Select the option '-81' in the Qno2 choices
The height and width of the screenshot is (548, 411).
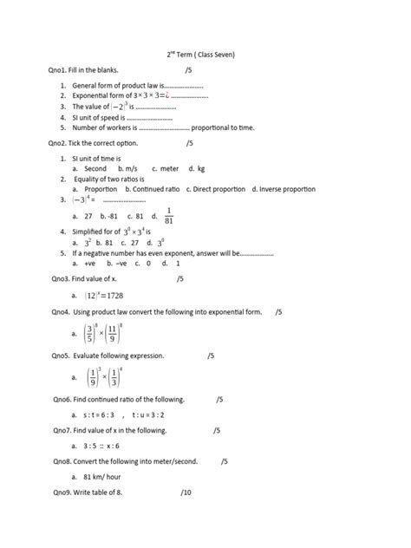coord(110,215)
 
